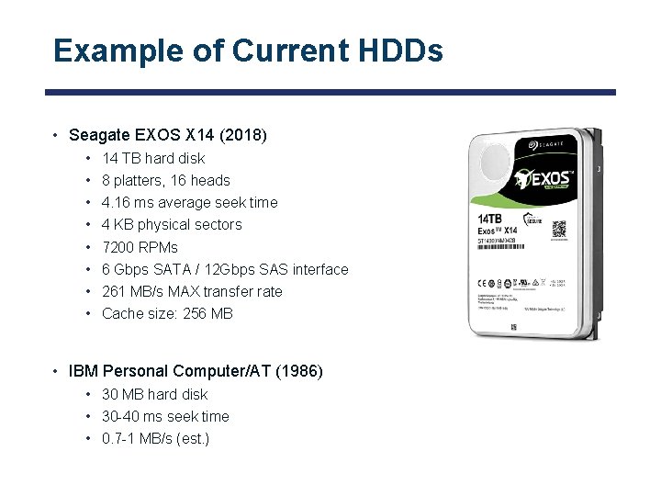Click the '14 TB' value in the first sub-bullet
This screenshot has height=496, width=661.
tap(121, 158)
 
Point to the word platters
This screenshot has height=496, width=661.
tap(140, 180)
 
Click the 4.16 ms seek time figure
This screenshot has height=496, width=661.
tap(129, 202)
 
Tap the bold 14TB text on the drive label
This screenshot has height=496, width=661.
tap(490, 219)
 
